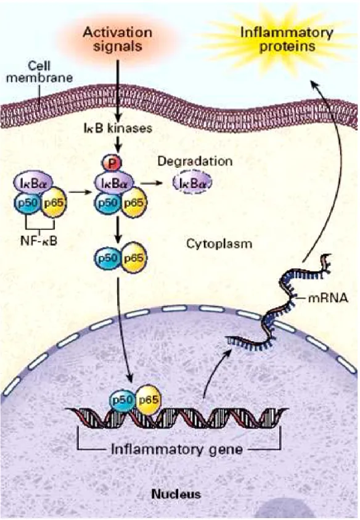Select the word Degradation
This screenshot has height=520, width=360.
pyautogui.click(x=195, y=161)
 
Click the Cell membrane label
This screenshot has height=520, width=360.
pyautogui.click(x=39, y=72)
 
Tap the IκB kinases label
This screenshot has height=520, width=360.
pyautogui.click(x=118, y=128)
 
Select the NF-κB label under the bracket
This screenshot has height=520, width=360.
pyautogui.click(x=39, y=241)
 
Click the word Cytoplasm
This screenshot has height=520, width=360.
pyautogui.click(x=219, y=244)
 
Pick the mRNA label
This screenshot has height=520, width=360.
pyautogui.click(x=328, y=298)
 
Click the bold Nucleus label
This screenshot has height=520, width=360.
pyautogui.click(x=176, y=494)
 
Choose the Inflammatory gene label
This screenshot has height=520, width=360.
pyautogui.click(x=177, y=450)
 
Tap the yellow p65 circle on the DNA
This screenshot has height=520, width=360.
pyautogui.click(x=148, y=400)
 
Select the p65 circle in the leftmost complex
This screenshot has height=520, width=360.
pyautogui.click(x=54, y=202)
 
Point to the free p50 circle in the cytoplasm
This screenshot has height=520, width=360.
pyautogui.click(x=108, y=258)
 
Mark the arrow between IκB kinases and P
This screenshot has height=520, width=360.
pyautogui.click(x=118, y=144)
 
